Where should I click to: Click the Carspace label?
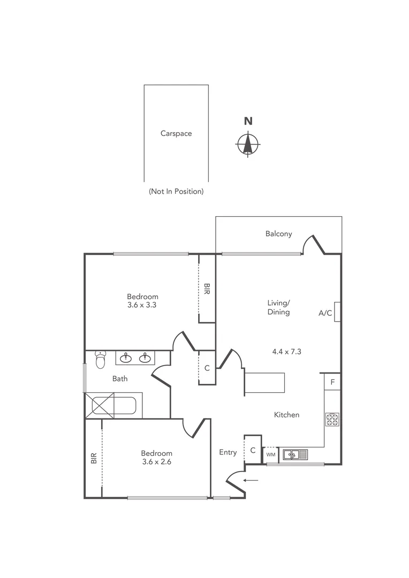coord(176,134)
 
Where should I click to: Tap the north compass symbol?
coord(248,143)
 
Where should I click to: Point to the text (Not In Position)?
coord(176,191)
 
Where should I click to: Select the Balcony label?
coord(279,234)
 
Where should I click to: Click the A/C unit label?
coord(325,313)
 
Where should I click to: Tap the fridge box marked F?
coord(332,382)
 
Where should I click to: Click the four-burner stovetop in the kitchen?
coord(332,420)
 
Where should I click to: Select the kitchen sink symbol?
coord(296,455)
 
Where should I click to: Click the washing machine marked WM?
coord(271,455)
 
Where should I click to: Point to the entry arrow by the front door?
coord(251,480)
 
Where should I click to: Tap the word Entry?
coord(228,452)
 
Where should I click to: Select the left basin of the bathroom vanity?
coord(127,358)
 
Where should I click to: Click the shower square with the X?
coord(103,405)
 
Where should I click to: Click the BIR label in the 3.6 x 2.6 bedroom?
coord(94,458)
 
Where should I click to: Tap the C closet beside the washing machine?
coord(253,450)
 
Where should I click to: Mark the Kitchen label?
coord(286,415)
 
